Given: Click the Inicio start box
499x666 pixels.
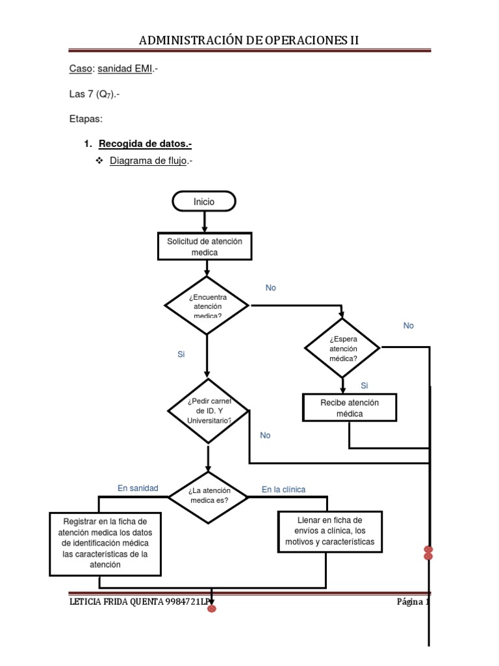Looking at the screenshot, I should pos(203,202).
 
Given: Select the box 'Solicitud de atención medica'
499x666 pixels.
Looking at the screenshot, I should pos(205,246).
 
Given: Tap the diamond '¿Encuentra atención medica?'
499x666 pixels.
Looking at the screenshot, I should pos(207,306).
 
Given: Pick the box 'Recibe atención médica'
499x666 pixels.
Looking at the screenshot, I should pos(350,408).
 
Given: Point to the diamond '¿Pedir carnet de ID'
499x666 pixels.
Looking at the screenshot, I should pos(209,410).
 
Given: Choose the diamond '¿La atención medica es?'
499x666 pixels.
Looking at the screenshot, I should pos(209,496).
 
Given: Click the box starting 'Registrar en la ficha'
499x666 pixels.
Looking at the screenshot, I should pos(105,543).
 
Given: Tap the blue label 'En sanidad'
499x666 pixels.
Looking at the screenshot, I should pos(138,488).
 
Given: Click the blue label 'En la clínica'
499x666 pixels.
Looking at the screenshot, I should pos(283,489).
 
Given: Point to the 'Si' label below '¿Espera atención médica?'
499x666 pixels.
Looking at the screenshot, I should pos(365,386).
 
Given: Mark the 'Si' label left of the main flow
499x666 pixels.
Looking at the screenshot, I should pos(181,354).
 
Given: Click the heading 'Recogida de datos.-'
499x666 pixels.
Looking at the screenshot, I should pos(145,144).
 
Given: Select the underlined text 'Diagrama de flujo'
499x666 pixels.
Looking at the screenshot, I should pos(149,161).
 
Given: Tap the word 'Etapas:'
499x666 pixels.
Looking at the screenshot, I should pos(86,119).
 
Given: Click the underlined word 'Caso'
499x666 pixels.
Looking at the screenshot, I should pos(81,69).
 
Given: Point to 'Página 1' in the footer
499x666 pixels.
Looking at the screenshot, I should pos(413,601).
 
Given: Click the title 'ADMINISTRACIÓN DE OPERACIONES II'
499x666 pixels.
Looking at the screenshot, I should pos(249,41).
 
